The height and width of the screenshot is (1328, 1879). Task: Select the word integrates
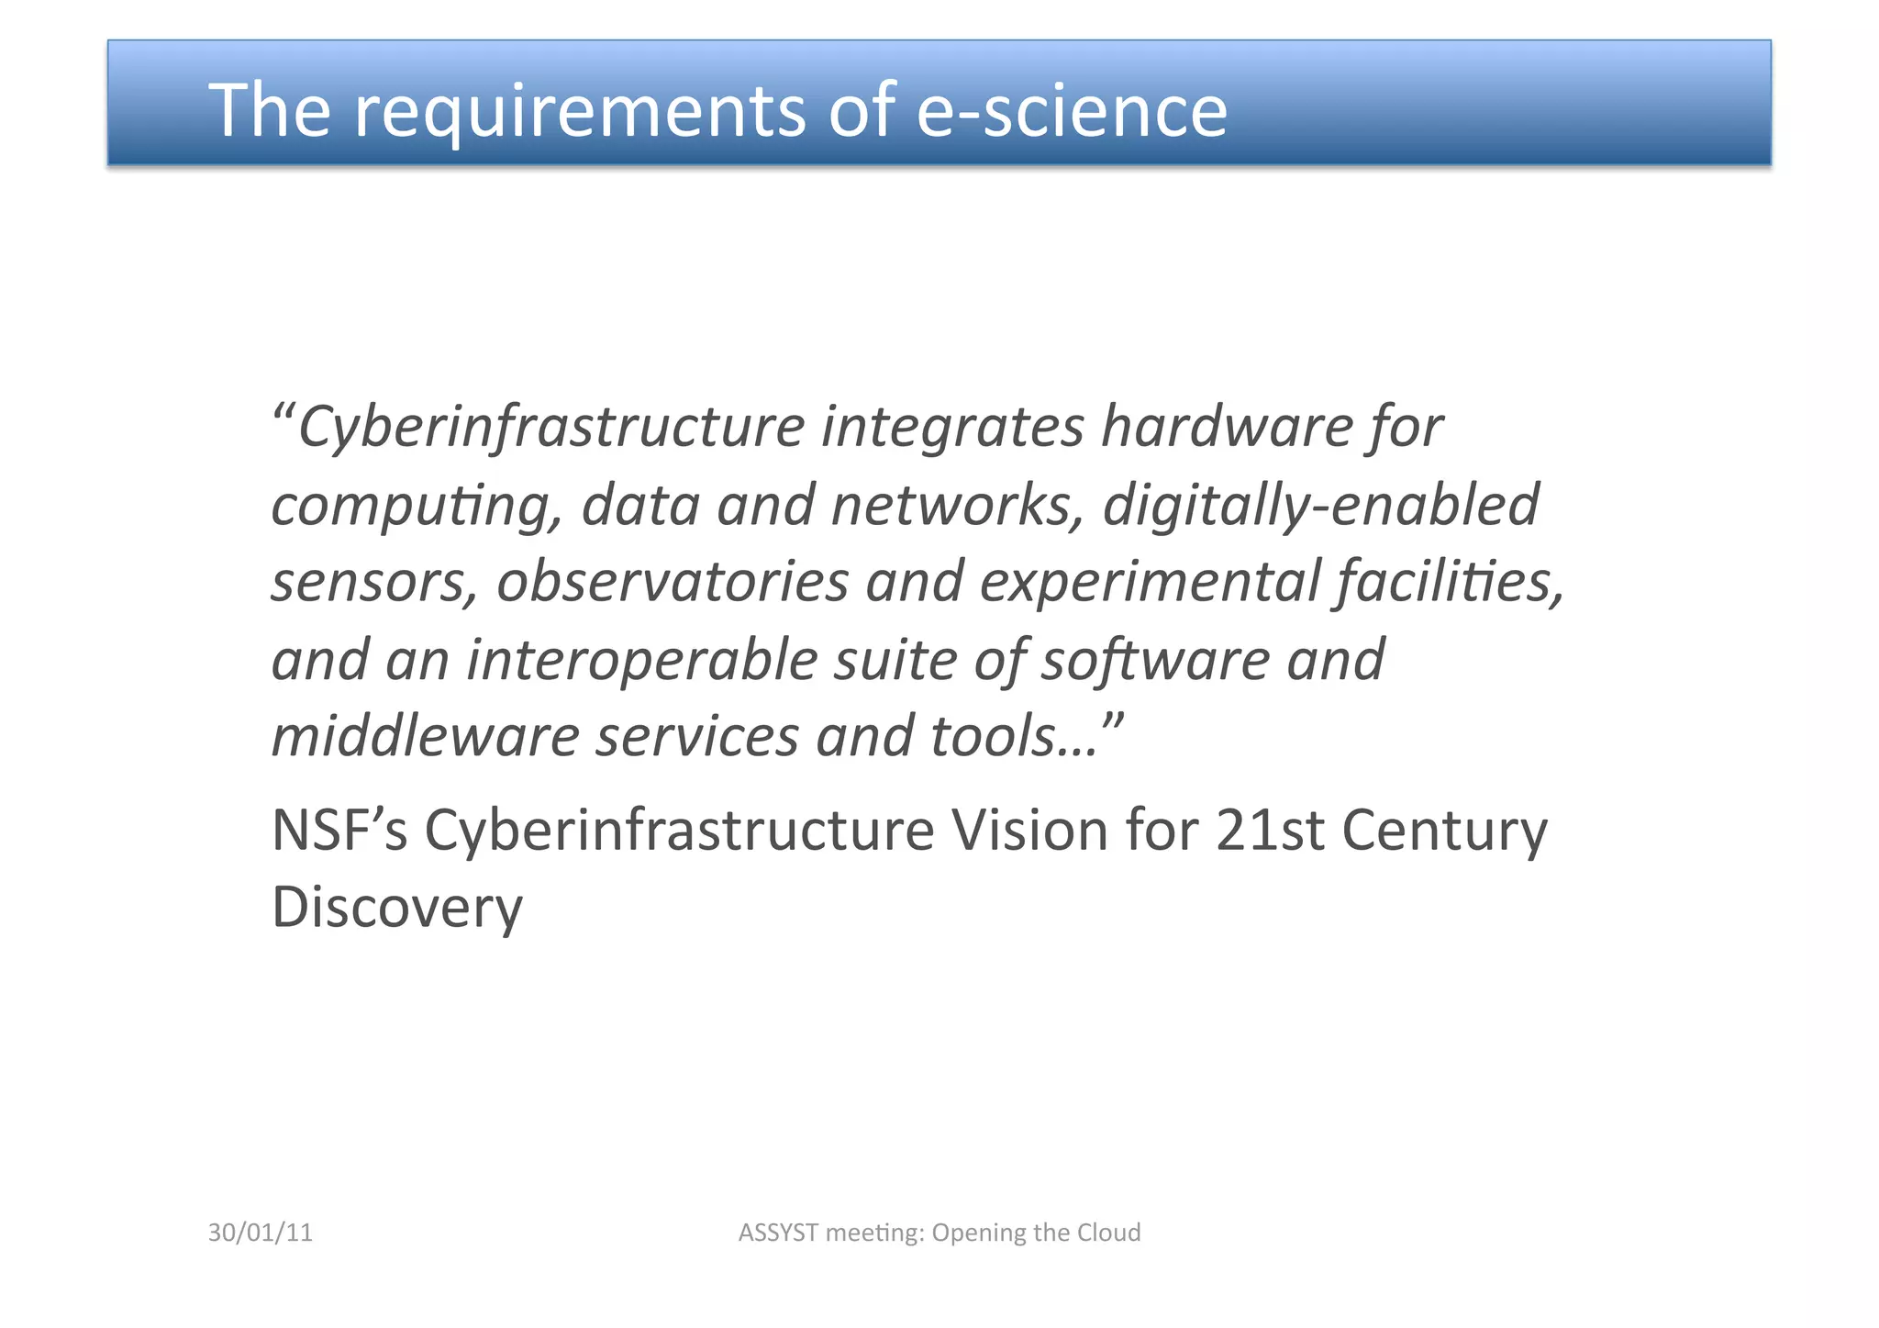click(952, 428)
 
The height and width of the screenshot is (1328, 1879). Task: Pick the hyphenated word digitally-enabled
click(1320, 507)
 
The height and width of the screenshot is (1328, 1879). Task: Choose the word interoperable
click(641, 661)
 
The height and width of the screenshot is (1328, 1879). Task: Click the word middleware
click(425, 737)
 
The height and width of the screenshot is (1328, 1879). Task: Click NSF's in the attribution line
click(339, 831)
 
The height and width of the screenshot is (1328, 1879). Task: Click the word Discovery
click(397, 909)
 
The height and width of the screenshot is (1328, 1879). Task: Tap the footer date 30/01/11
click(261, 1233)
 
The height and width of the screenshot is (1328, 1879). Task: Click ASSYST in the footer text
click(778, 1233)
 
